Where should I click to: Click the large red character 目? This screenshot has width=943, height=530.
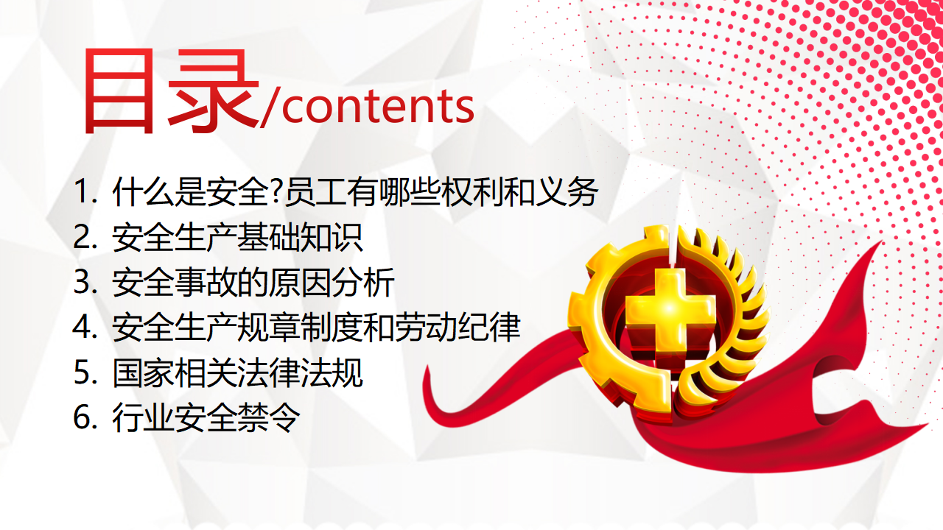[x=119, y=91]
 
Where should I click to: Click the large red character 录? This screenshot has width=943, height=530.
[x=214, y=91]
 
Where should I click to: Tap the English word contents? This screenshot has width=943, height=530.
[x=378, y=107]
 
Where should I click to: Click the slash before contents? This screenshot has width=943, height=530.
[x=270, y=105]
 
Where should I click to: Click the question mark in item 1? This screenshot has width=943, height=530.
[x=276, y=192]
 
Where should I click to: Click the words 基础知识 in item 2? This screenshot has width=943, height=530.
[x=300, y=237]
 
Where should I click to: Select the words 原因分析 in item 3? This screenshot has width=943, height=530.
[x=332, y=282]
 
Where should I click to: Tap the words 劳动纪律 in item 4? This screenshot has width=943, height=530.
[x=458, y=328]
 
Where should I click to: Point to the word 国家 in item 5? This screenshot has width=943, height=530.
[x=143, y=372]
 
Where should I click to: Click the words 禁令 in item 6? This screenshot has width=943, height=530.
[x=269, y=417]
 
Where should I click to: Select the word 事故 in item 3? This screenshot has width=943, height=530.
[x=206, y=282]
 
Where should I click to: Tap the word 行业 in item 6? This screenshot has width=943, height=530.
[x=143, y=417]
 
